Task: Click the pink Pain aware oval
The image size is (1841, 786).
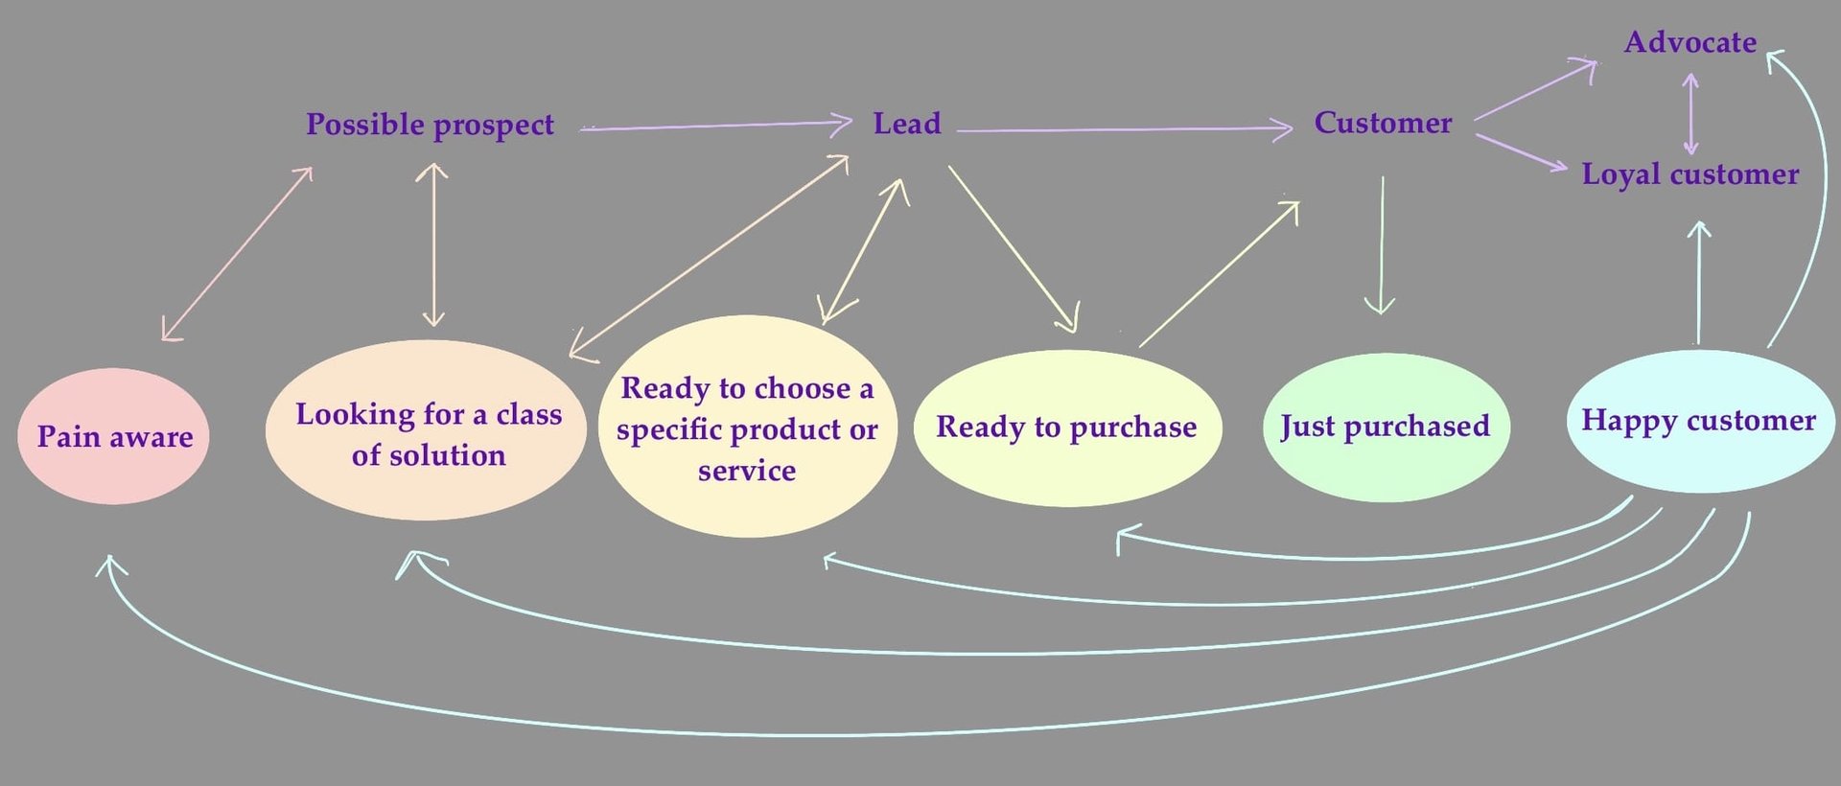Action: (x=113, y=437)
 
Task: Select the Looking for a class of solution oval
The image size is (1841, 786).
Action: (x=426, y=432)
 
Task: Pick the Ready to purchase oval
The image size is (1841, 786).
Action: (x=1066, y=428)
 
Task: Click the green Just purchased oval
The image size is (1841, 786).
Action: (x=1386, y=427)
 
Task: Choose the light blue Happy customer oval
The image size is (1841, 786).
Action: (x=1698, y=421)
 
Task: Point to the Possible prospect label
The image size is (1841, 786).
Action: (x=430, y=125)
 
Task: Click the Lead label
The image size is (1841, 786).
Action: (x=907, y=124)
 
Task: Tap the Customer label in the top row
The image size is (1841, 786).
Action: (x=1383, y=123)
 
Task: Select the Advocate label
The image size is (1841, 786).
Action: (x=1690, y=42)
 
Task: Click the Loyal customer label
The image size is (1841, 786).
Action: (x=1690, y=174)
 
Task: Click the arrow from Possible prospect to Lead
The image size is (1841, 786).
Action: (x=714, y=125)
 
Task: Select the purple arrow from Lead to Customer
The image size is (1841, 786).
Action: (x=1122, y=128)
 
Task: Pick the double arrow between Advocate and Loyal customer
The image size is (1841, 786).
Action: (x=1690, y=113)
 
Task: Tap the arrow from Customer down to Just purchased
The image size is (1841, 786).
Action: (x=1381, y=244)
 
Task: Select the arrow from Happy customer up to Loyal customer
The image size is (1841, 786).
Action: (x=1698, y=283)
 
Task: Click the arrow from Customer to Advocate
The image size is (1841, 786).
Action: (x=1534, y=91)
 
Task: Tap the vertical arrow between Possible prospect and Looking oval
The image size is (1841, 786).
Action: (x=433, y=244)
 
